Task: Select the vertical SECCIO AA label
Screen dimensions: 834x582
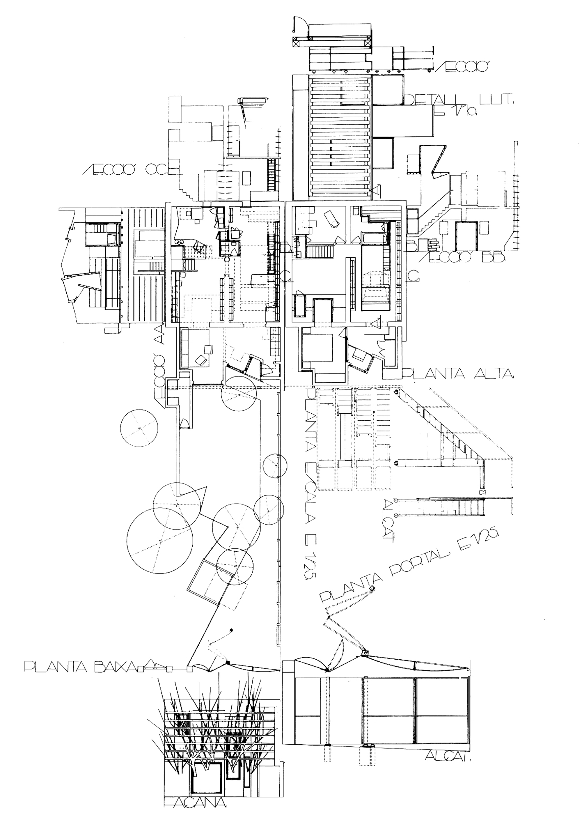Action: tap(160, 363)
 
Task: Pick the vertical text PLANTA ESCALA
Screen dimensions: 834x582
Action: tap(310, 469)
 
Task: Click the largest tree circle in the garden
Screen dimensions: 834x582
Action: tap(160, 541)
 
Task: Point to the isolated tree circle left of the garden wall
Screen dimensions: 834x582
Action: tap(139, 428)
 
